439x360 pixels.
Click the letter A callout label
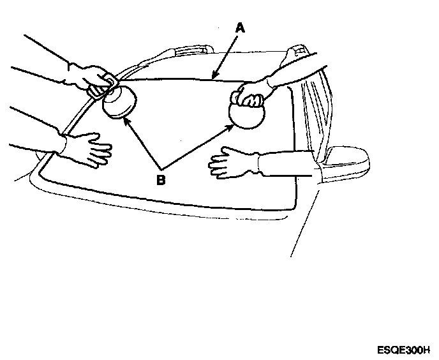(240, 27)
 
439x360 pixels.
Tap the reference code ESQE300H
(403, 350)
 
